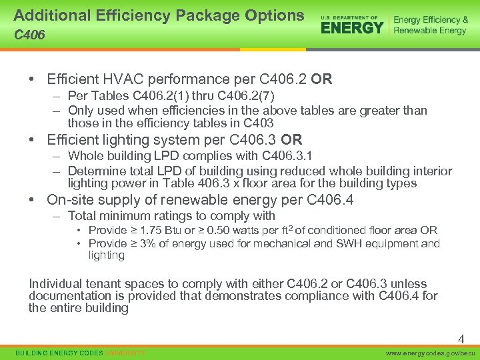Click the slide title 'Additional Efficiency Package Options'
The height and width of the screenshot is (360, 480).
(x=159, y=15)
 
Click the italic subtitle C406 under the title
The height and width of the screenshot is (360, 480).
(x=30, y=35)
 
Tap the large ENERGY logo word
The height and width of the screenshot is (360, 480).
(x=352, y=27)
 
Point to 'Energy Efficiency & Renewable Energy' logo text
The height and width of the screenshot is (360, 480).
(x=430, y=25)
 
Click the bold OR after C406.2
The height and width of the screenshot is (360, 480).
(x=321, y=80)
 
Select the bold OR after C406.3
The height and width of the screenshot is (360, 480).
(x=291, y=140)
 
